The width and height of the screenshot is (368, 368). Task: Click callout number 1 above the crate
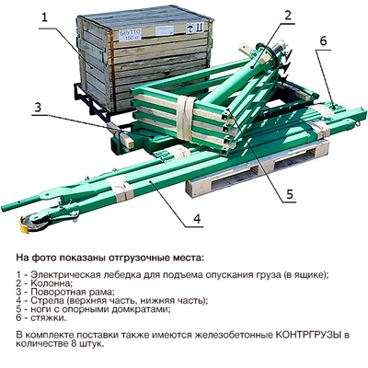(x=45, y=17)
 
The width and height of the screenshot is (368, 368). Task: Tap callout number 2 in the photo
(x=287, y=16)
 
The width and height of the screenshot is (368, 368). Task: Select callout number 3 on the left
(x=38, y=108)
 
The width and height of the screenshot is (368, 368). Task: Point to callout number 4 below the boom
(x=197, y=219)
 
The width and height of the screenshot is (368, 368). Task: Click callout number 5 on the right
(x=290, y=194)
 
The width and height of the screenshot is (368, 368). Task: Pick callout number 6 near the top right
(x=324, y=41)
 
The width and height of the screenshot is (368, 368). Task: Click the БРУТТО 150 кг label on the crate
(x=130, y=35)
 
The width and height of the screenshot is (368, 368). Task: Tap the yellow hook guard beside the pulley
(x=24, y=225)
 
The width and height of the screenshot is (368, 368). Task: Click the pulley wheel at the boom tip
(x=36, y=222)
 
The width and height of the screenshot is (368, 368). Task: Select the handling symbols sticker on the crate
(x=194, y=29)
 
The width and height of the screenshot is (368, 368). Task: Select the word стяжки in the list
(x=48, y=317)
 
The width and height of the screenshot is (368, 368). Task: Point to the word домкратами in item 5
(x=141, y=309)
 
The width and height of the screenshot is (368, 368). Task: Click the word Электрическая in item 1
(x=61, y=274)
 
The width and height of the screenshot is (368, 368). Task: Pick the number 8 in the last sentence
(x=73, y=343)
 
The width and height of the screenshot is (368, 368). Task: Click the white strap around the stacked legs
(x=185, y=118)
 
